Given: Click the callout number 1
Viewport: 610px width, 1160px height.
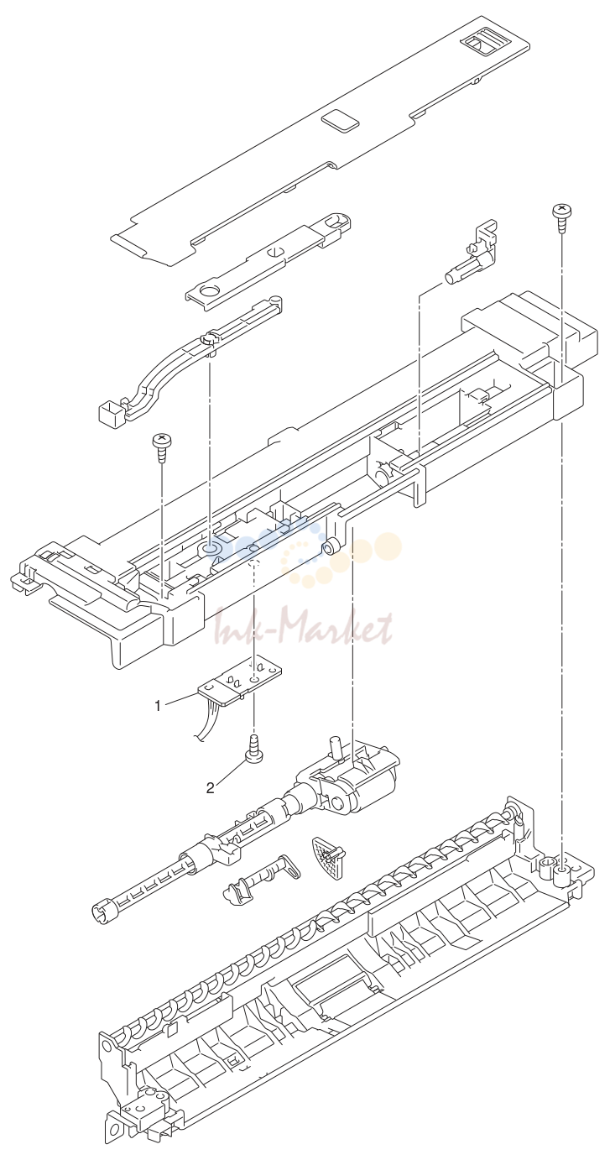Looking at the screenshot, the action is [x=157, y=705].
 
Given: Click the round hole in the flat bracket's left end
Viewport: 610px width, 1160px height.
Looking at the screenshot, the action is [x=210, y=292].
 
